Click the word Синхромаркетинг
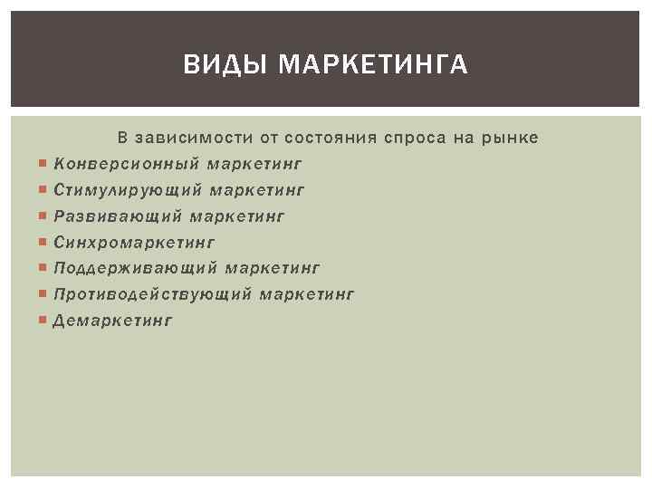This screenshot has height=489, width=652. pyautogui.click(x=134, y=243)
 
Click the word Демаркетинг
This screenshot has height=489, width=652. pyautogui.click(x=112, y=320)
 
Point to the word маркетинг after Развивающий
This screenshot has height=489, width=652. pyautogui.click(x=237, y=216)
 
